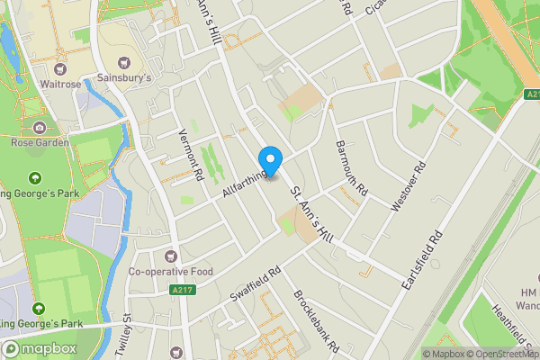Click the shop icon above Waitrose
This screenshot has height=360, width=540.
point(61,69)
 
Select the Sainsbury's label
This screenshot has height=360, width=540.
point(124,77)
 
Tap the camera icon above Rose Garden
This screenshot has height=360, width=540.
point(40,128)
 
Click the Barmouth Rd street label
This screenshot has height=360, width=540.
point(352,169)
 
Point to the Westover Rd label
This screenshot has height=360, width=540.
point(407,187)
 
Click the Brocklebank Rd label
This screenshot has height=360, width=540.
point(314,320)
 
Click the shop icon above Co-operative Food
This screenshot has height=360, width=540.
point(171,256)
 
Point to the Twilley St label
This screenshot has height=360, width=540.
point(127,335)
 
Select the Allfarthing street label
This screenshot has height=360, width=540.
point(243,178)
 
